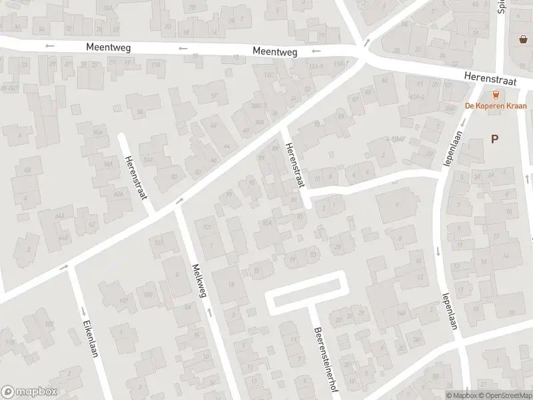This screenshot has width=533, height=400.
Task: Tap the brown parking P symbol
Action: tap(494, 139)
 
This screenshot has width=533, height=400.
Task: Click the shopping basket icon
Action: tap(523, 39)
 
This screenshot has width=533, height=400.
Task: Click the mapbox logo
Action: tap(29, 392)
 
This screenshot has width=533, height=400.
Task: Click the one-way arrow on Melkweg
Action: tap(209, 311)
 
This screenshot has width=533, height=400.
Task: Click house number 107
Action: tap(123, 300)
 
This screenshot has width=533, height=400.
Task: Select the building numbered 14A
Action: tap(401, 312)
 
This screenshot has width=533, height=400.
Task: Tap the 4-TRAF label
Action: tap(399, 139)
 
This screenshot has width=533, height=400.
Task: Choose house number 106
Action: tap(147, 295)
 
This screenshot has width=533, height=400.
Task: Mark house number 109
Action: tap(159, 243)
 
